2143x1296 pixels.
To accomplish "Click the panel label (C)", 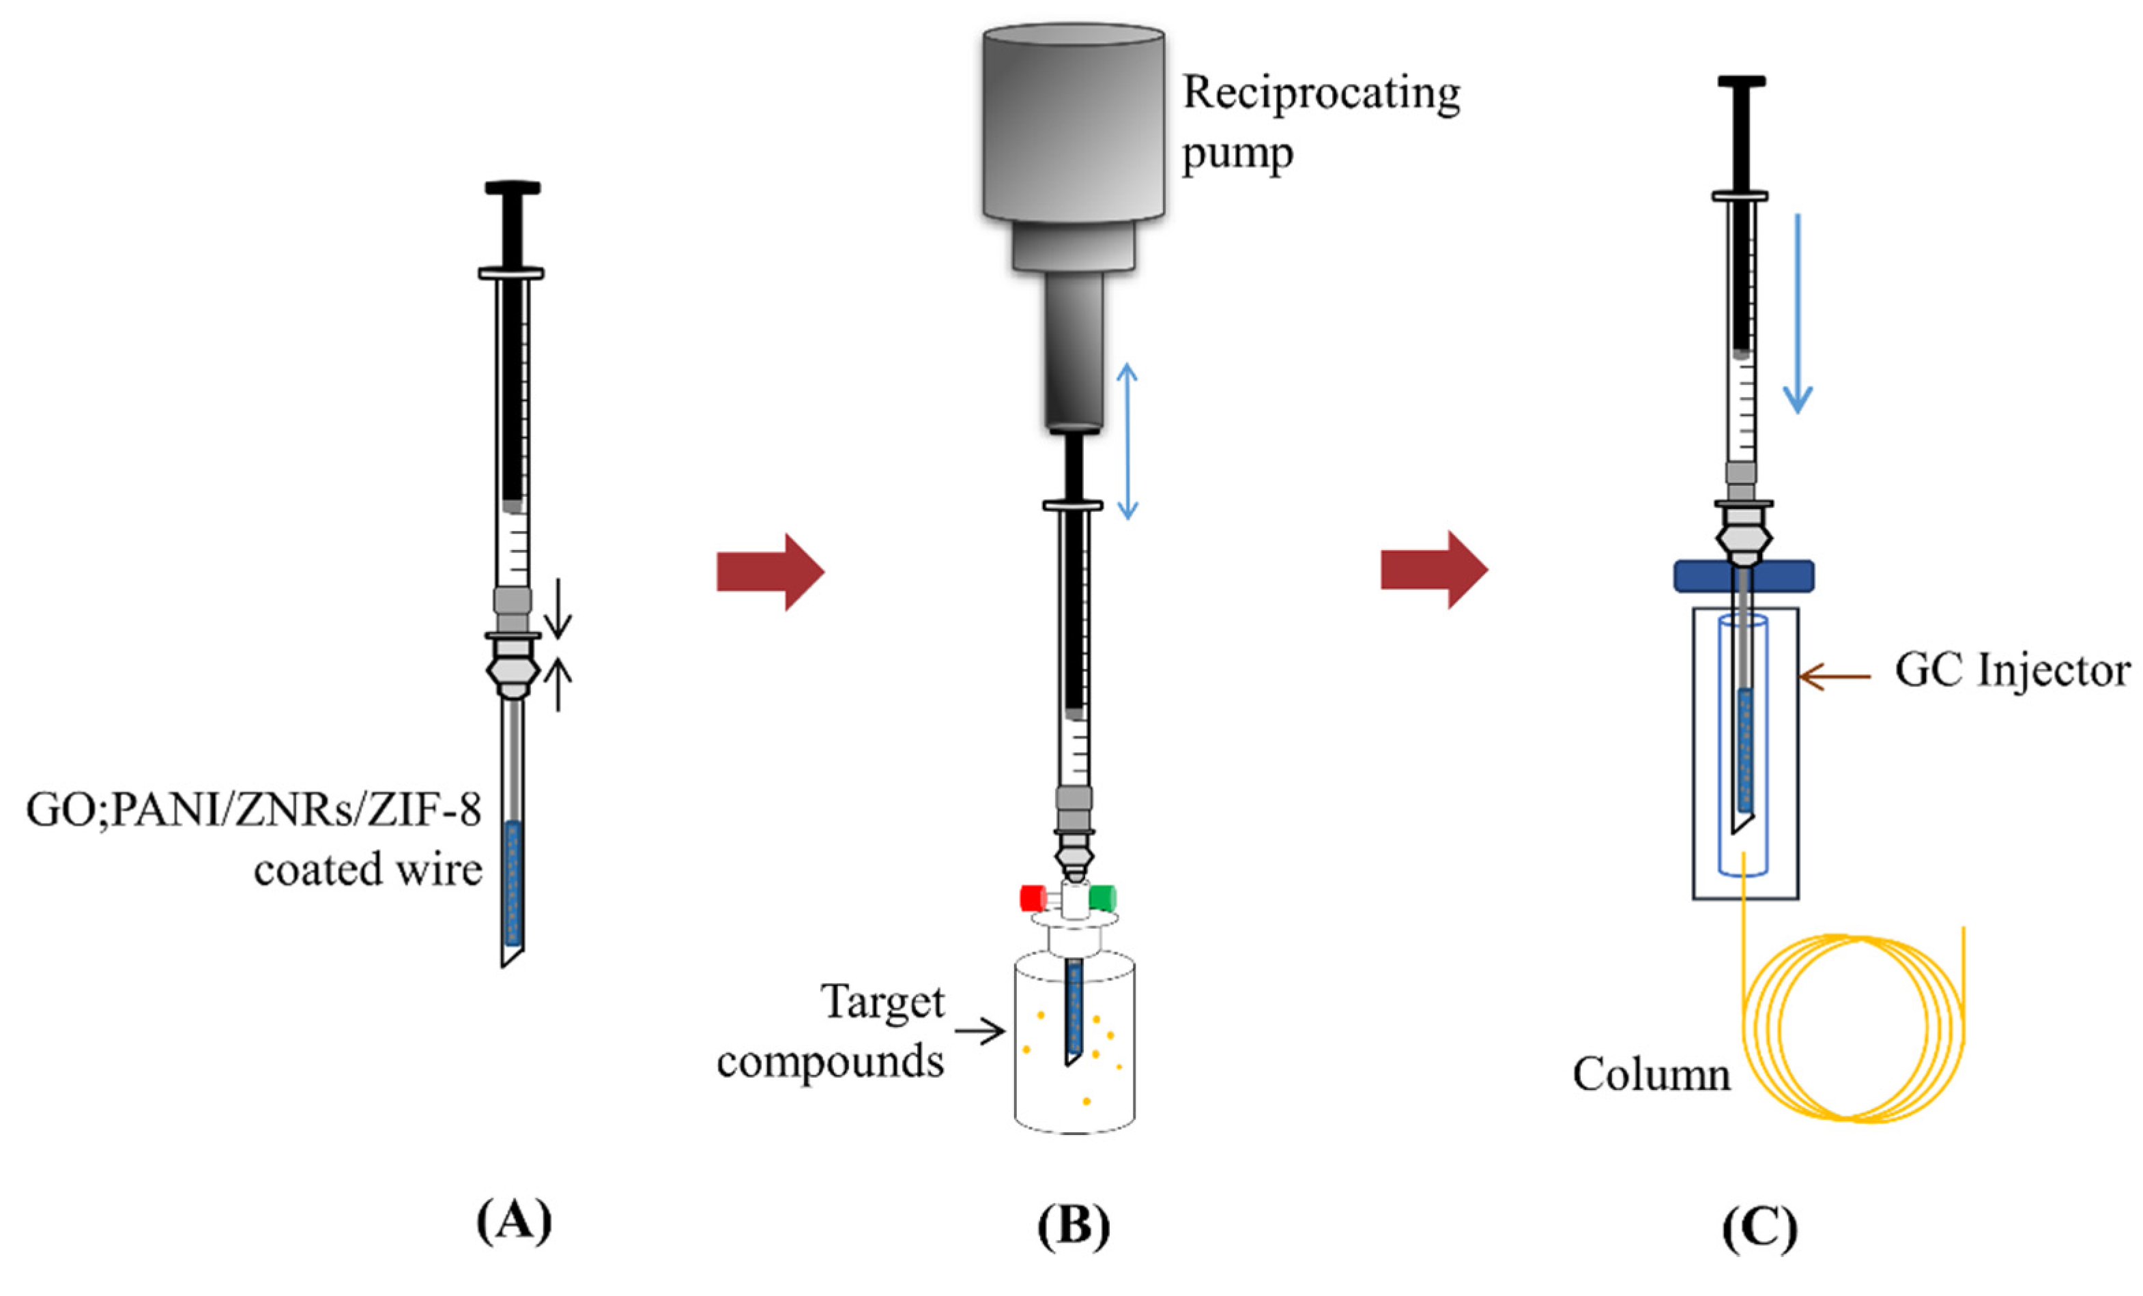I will [x=1759, y=1228].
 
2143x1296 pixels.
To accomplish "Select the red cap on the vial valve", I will [x=1033, y=897].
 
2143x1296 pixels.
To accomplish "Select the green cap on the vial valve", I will [x=1103, y=897].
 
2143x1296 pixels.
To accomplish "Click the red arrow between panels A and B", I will [x=771, y=571].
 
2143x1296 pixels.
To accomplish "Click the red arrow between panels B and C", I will [x=1434, y=570].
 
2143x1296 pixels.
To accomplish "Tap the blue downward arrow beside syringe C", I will [x=1798, y=313].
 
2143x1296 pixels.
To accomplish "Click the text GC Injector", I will [x=2013, y=672].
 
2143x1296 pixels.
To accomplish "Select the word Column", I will [x=1651, y=1075].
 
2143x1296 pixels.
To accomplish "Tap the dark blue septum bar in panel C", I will [x=1744, y=576].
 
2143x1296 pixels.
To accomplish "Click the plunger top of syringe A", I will [x=513, y=188].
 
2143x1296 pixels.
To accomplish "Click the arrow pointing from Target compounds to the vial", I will [x=979, y=1032].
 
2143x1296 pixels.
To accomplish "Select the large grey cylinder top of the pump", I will [x=1074, y=121].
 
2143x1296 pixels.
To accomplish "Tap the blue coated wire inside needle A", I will [x=513, y=883].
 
